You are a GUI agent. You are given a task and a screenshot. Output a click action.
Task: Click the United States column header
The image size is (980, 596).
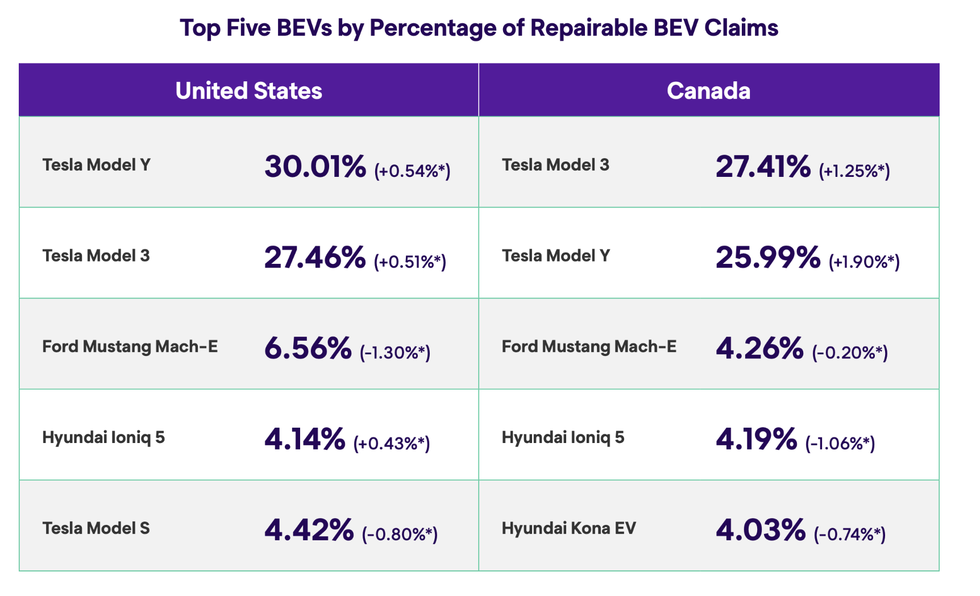pyautogui.click(x=248, y=91)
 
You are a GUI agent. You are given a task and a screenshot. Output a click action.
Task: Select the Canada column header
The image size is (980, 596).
pyautogui.click(x=708, y=91)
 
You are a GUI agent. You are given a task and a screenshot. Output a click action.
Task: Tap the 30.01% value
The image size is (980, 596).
pyautogui.click(x=315, y=167)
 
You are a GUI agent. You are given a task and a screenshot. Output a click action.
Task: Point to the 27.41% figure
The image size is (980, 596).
pyautogui.click(x=763, y=167)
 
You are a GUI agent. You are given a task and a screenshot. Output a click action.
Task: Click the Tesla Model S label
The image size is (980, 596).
pyautogui.click(x=96, y=528)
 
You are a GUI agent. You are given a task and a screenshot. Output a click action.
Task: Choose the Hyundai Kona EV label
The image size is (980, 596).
pyautogui.click(x=568, y=528)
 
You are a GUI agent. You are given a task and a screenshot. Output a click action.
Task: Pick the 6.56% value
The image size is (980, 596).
pyautogui.click(x=308, y=349)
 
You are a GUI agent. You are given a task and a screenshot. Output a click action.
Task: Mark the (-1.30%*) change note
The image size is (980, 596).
pyautogui.click(x=395, y=353)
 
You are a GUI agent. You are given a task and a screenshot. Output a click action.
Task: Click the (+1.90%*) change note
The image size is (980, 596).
pyautogui.click(x=864, y=262)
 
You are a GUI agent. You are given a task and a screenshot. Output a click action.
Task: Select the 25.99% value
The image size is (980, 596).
pyautogui.click(x=768, y=258)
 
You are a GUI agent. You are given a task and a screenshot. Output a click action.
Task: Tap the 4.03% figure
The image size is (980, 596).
pyautogui.click(x=761, y=530)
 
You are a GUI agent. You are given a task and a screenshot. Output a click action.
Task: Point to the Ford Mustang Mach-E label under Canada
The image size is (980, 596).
pyautogui.click(x=589, y=346)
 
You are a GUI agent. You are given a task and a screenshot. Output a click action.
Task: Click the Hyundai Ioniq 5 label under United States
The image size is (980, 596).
pyautogui.click(x=103, y=437)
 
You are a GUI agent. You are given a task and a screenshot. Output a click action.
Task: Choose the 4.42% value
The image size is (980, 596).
pyautogui.click(x=309, y=530)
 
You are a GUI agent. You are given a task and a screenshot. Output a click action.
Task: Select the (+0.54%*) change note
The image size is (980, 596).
pyautogui.click(x=412, y=171)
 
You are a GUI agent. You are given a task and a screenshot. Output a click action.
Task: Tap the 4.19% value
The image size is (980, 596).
pyautogui.click(x=756, y=440)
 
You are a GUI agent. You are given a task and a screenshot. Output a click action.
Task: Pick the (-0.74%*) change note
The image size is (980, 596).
pyautogui.click(x=850, y=534)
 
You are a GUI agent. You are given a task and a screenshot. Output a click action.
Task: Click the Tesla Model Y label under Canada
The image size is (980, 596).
pyautogui.click(x=555, y=256)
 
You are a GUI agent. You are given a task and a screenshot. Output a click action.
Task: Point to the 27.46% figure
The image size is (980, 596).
pyautogui.click(x=315, y=258)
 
